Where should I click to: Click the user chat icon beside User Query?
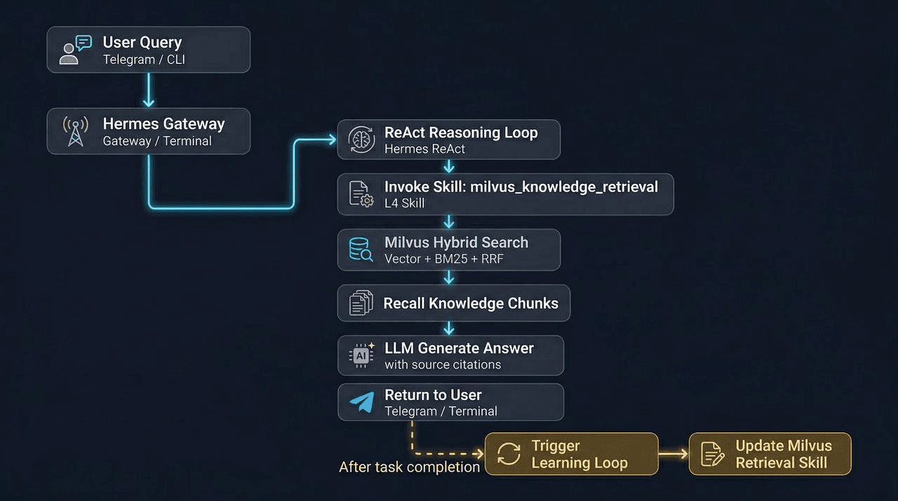(76, 50)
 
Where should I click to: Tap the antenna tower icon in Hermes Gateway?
(76, 131)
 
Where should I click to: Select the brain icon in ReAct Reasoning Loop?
(361, 140)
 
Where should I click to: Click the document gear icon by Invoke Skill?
(361, 194)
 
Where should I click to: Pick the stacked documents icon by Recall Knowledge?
(361, 303)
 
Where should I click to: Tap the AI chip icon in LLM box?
(361, 356)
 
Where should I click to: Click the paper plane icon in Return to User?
(362, 403)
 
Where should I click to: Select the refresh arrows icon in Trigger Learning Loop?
(509, 454)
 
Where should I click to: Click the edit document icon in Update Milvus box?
(713, 454)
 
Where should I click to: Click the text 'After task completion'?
(410, 467)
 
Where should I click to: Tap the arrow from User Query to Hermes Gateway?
(148, 90)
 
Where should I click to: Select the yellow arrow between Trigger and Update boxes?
(673, 454)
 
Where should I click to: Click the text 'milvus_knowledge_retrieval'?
(564, 187)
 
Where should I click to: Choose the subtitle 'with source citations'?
(443, 365)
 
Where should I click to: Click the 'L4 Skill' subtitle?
(404, 203)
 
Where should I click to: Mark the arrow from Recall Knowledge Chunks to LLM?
(449, 328)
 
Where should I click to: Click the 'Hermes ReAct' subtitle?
(424, 149)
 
